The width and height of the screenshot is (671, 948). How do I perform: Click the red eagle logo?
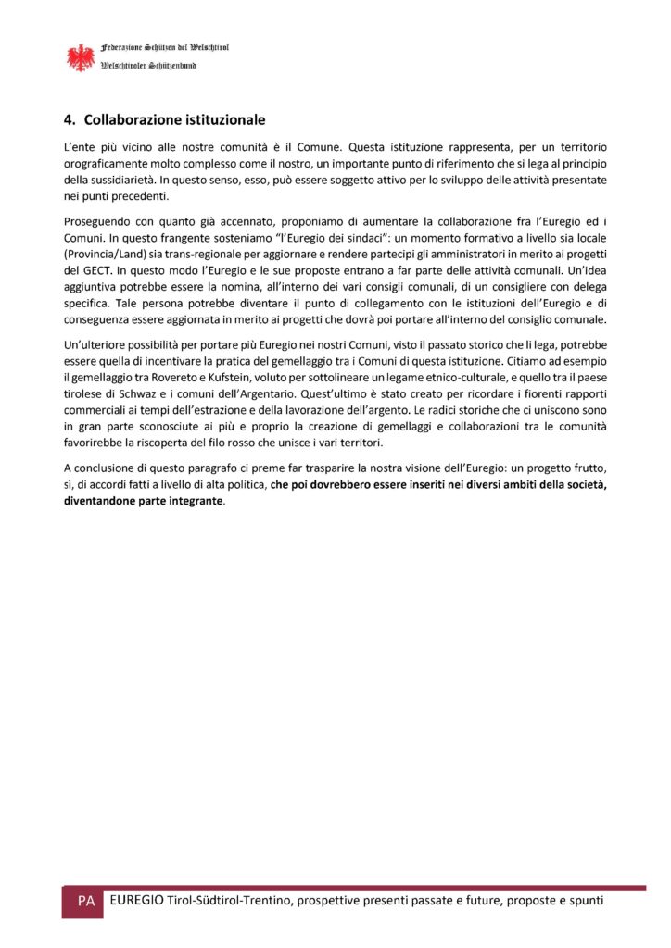(x=81, y=57)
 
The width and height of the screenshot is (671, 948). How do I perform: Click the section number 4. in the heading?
(x=69, y=120)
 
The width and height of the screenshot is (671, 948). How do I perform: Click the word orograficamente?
(x=105, y=163)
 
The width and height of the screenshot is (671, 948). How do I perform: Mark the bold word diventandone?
(x=99, y=501)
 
